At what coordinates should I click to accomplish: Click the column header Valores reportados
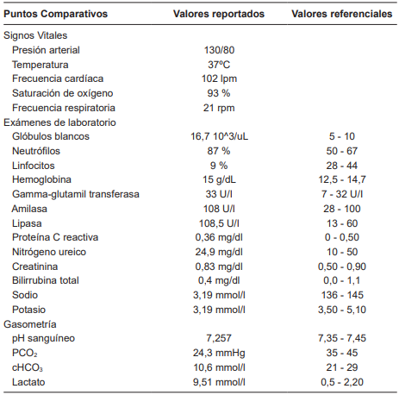(x=219, y=15)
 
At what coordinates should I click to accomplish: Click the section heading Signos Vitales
(x=35, y=36)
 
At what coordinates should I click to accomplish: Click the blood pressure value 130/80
(x=218, y=51)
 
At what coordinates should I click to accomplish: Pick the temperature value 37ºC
(x=218, y=65)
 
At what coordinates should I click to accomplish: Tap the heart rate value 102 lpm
(x=218, y=79)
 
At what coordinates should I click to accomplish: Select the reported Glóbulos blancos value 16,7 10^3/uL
(x=218, y=137)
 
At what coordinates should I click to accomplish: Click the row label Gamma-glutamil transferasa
(x=76, y=194)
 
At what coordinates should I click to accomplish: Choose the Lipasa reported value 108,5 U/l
(x=218, y=223)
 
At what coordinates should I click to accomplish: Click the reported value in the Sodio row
(x=218, y=295)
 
